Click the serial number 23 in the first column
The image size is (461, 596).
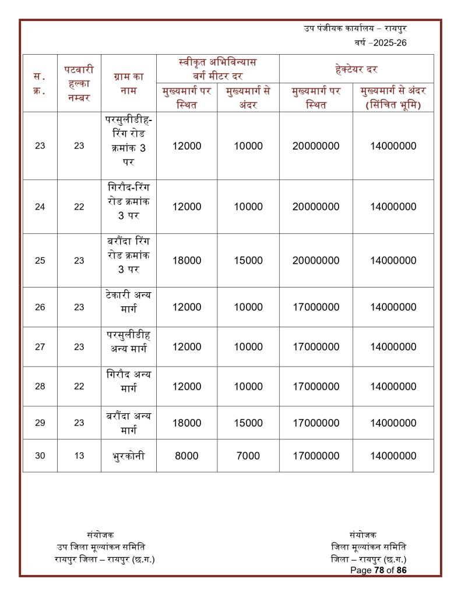[40, 146]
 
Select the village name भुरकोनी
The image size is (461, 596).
[128, 456]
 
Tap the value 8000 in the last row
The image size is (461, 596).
[186, 456]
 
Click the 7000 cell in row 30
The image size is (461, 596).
[248, 456]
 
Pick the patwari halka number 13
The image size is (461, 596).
[79, 456]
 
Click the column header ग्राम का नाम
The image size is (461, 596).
[128, 83]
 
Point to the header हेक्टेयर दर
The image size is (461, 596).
[356, 69]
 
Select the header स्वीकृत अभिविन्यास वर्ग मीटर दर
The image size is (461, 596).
[217, 69]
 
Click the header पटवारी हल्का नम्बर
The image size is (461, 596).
[79, 83]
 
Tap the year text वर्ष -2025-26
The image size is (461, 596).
[381, 43]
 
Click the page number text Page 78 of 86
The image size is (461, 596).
[378, 570]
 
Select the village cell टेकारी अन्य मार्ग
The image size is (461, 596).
[128, 307]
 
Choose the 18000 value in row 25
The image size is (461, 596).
[186, 261]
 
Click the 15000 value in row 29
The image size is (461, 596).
[248, 423]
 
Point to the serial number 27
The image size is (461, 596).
[40, 347]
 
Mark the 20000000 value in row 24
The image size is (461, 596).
[316, 207]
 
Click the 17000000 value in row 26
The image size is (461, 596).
[316, 307]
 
